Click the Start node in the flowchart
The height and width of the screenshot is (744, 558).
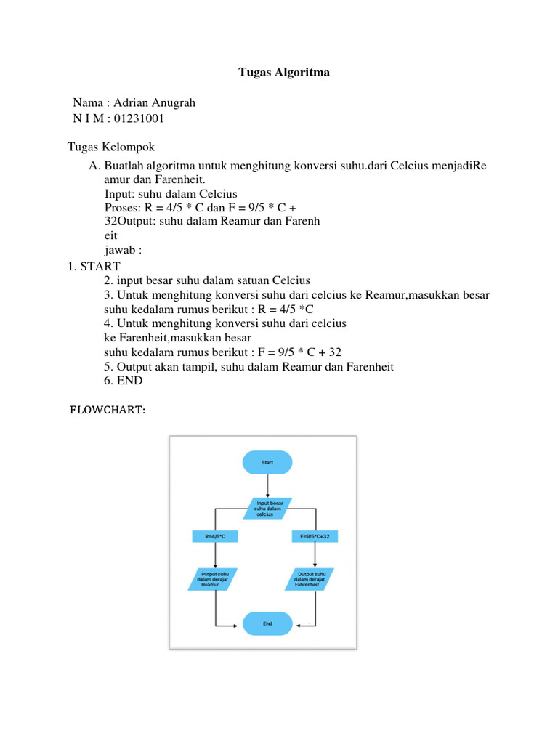pyautogui.click(x=267, y=462)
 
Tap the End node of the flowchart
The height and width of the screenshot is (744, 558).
pyautogui.click(x=267, y=623)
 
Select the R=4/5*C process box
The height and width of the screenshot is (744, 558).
pyautogui.click(x=216, y=537)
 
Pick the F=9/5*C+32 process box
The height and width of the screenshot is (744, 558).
pyautogui.click(x=315, y=537)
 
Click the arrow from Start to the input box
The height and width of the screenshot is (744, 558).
pyautogui.click(x=267, y=485)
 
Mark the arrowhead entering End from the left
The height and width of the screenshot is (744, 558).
pyautogui.click(x=239, y=624)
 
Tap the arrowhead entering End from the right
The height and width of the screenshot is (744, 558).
pyautogui.click(x=296, y=624)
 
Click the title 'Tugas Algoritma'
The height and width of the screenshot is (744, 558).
pyautogui.click(x=284, y=73)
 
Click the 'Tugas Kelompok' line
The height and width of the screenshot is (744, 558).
pyautogui.click(x=111, y=147)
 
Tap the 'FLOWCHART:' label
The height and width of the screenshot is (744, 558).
pyautogui.click(x=108, y=411)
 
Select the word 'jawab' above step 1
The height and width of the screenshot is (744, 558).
pyautogui.click(x=119, y=250)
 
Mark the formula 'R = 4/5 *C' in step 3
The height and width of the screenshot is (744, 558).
pyautogui.click(x=296, y=309)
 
